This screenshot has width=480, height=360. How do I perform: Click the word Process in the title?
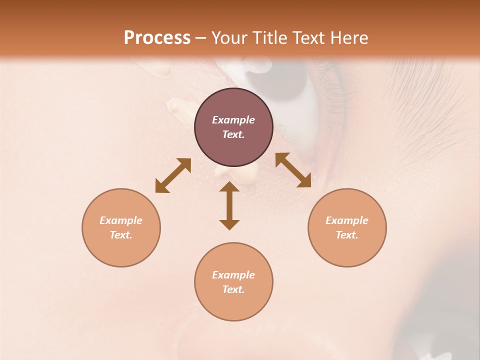click(x=157, y=37)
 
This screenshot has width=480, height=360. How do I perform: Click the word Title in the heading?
click(x=270, y=37)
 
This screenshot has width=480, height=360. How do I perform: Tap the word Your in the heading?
click(x=230, y=38)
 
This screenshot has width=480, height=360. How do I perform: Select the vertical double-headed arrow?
click(x=229, y=206)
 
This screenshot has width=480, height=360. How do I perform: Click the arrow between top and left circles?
click(x=173, y=175)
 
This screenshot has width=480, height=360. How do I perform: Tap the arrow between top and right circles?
click(x=293, y=170)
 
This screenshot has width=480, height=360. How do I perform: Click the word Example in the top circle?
click(x=233, y=120)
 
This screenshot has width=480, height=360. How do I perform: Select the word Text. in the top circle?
click(x=233, y=134)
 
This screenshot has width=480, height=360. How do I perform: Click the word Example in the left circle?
click(x=121, y=220)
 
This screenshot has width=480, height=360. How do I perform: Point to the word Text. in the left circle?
click(x=121, y=235)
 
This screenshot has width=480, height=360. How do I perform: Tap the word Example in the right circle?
click(x=347, y=220)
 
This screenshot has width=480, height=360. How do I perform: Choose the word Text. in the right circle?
click(x=347, y=235)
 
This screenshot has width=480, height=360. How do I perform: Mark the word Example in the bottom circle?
click(x=233, y=275)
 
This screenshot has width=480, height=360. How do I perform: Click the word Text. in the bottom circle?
click(x=233, y=289)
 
